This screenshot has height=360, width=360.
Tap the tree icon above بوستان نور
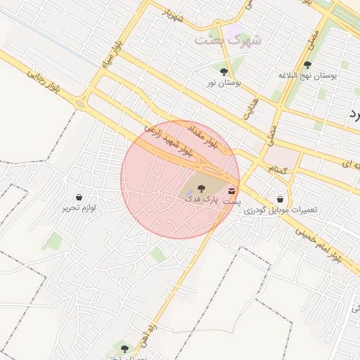tap(224, 71)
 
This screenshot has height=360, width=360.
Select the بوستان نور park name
tap(224, 82)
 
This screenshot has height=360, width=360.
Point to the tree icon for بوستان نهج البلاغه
tap(307, 65)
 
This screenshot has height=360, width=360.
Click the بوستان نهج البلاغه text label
tap(307, 75)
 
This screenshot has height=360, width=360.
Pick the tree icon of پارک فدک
tap(201, 188)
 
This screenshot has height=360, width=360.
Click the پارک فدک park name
tap(201, 199)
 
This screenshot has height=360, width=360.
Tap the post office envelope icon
tap(232, 191)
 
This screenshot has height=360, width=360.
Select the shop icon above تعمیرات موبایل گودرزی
tap(281, 199)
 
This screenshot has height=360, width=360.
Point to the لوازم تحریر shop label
tap(78, 208)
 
